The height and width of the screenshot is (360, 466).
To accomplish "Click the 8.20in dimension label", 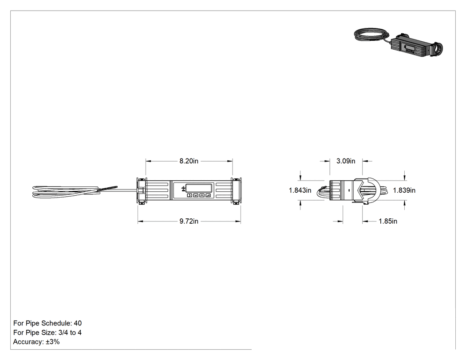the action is (x=189, y=161).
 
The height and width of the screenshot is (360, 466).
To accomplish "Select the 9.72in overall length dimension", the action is (x=189, y=222).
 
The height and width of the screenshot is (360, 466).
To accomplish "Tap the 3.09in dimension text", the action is (x=346, y=161).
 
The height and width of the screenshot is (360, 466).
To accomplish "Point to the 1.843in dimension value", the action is (x=300, y=190).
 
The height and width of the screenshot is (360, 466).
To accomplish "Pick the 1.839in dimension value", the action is (x=404, y=190).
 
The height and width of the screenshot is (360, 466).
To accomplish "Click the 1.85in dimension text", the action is (x=388, y=221).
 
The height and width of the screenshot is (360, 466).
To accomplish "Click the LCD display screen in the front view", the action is (x=199, y=188).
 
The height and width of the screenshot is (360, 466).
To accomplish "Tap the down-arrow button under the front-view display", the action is (x=196, y=195).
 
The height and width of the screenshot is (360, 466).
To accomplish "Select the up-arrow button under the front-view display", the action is (x=202, y=195).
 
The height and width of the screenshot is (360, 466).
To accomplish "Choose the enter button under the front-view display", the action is (x=208, y=195).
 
